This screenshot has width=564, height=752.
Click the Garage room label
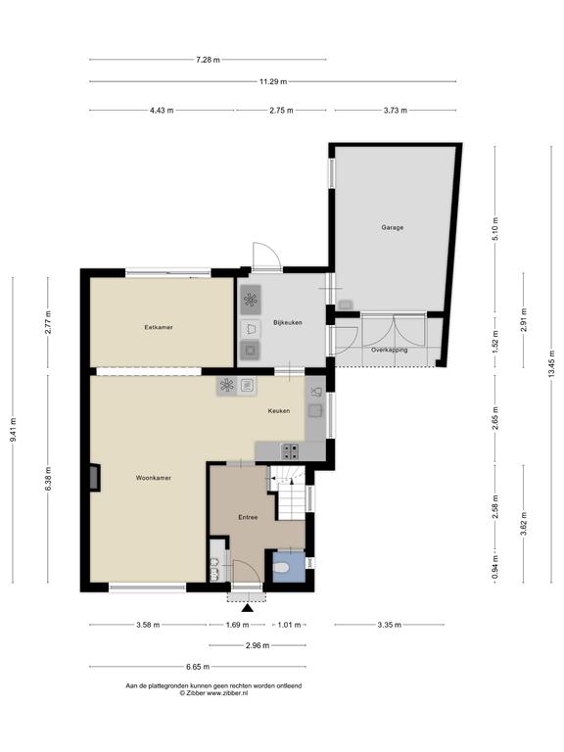[x=392, y=227]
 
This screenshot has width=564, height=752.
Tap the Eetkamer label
[x=159, y=327]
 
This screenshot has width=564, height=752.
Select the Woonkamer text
[x=153, y=478]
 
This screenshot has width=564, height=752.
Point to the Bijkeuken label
[x=287, y=322]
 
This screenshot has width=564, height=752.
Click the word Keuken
[x=279, y=410]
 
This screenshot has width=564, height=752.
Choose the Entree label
[x=248, y=517]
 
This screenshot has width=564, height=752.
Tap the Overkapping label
[x=389, y=350]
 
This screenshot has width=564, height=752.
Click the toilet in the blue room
[x=281, y=568]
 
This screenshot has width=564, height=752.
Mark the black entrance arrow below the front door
[x=247, y=608]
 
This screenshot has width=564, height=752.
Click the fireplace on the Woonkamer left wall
[x=95, y=477]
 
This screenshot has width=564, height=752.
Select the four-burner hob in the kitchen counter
[x=290, y=450]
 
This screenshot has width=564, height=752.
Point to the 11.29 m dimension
[x=273, y=81]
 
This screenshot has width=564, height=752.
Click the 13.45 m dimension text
[x=551, y=362]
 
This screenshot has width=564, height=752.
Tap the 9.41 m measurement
[x=13, y=429]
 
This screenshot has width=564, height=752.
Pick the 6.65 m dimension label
[x=198, y=667]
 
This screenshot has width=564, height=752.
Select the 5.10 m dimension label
[x=495, y=229]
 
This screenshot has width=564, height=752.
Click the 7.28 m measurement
[x=208, y=60]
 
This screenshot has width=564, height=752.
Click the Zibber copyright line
[x=213, y=693]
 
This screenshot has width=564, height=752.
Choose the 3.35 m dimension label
[x=389, y=625]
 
